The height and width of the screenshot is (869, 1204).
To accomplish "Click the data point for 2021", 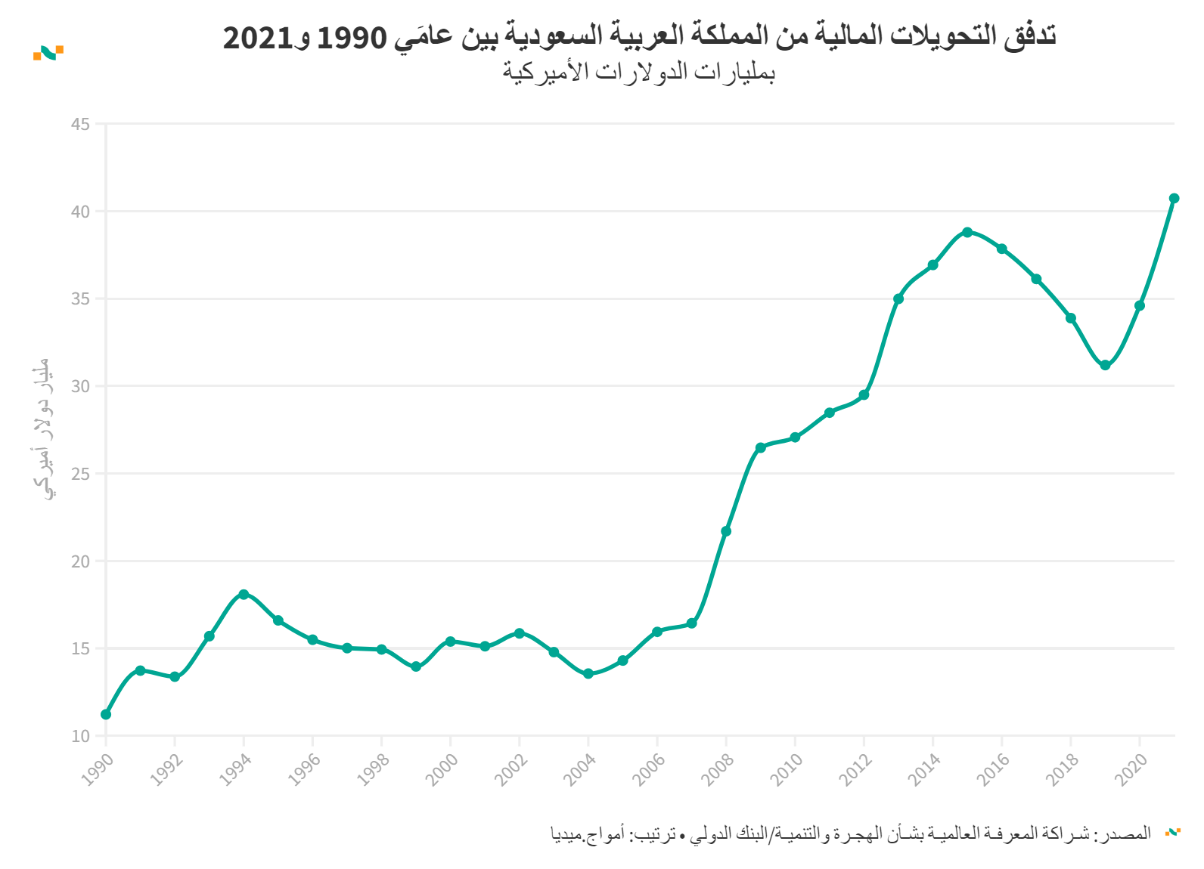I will click(x=1174, y=198).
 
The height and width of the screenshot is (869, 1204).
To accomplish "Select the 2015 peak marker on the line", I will click(x=967, y=232).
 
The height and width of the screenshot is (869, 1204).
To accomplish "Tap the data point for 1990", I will click(x=106, y=714).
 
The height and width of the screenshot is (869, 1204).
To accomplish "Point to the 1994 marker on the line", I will click(x=244, y=594).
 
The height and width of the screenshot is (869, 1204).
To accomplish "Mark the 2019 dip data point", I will click(x=1105, y=365).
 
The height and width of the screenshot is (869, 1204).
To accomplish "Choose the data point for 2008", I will click(x=726, y=531).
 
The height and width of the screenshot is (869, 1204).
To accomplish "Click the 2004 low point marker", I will click(x=588, y=673).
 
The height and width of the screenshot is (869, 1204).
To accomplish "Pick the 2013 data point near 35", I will click(x=898, y=298).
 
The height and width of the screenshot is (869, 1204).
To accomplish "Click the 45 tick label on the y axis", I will click(x=80, y=124).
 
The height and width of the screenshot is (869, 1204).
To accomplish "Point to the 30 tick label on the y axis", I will click(x=80, y=386).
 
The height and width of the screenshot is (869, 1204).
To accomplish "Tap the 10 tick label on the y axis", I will click(x=80, y=736).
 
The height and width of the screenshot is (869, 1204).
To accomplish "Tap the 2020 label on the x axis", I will click(x=1131, y=769).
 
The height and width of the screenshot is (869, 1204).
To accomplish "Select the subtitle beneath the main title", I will click(x=639, y=72).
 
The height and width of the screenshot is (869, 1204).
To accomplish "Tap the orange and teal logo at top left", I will click(x=48, y=52).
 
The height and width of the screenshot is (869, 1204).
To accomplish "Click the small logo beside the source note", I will click(x=1172, y=833).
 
